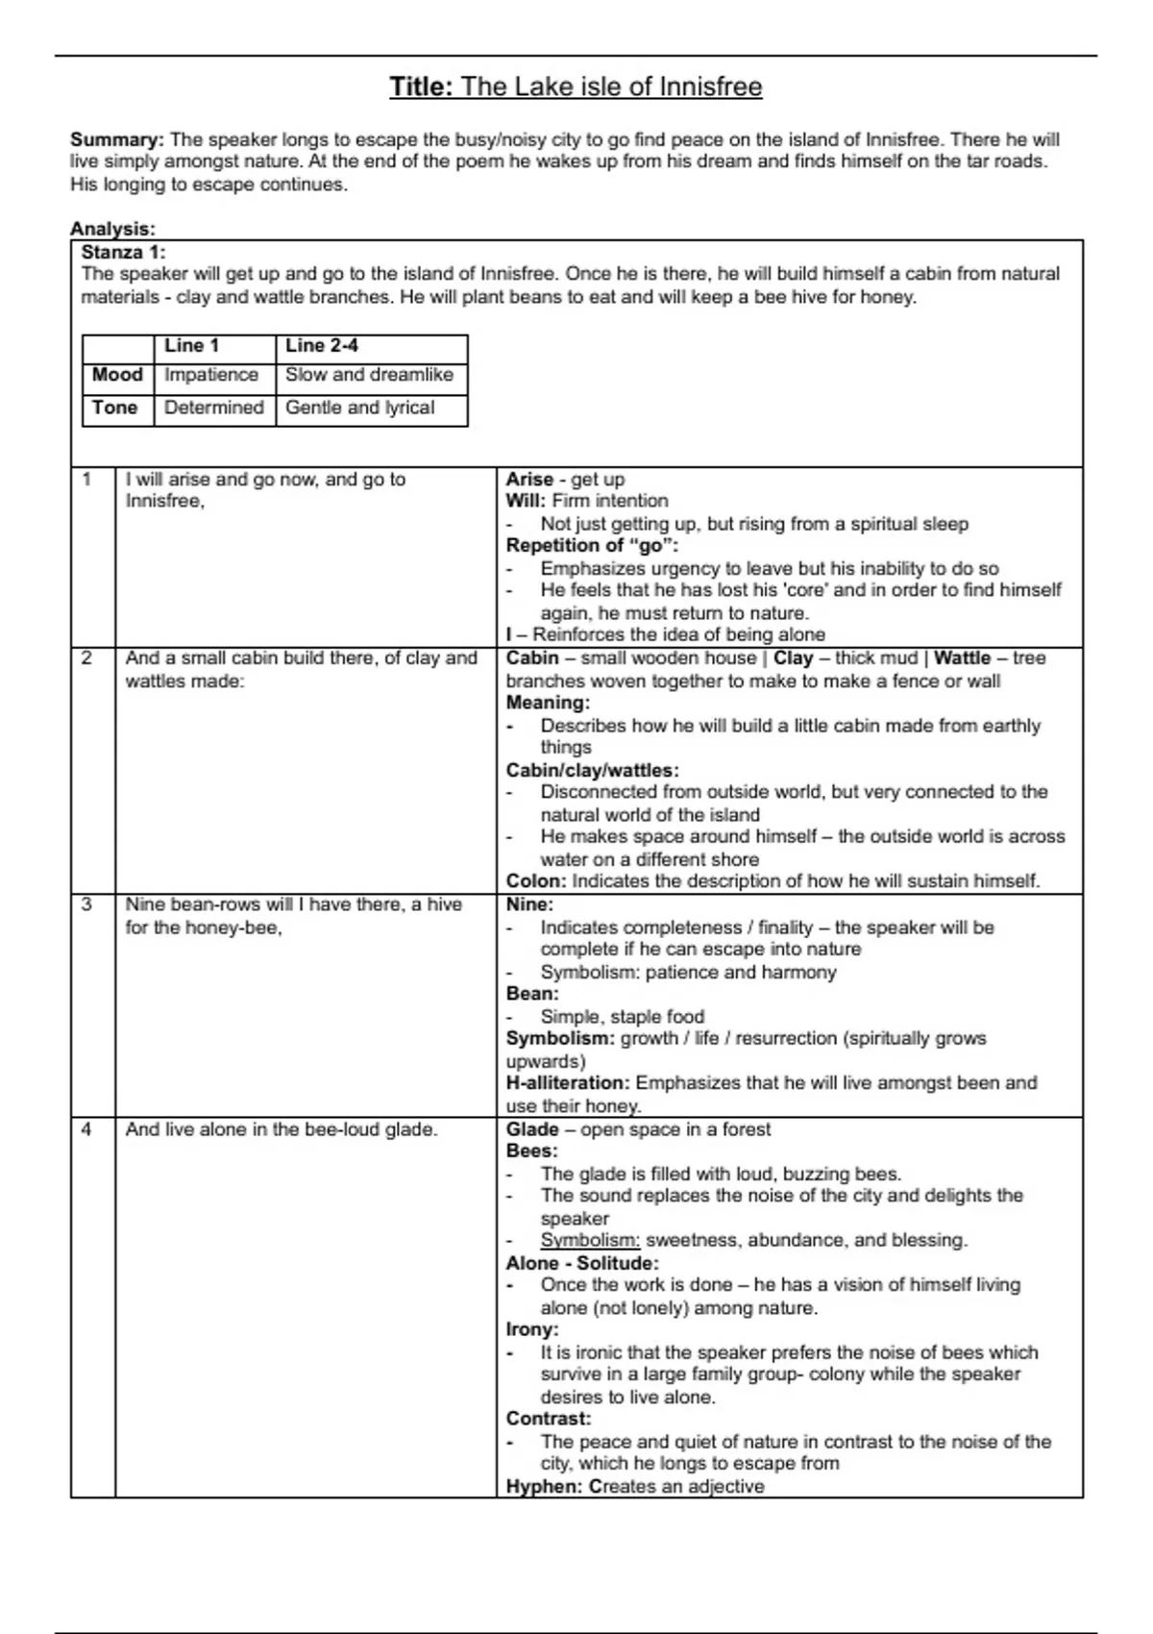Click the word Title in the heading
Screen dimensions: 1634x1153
[x=420, y=87]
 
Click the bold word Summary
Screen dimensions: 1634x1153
[x=116, y=139]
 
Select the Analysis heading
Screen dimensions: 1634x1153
[x=112, y=229]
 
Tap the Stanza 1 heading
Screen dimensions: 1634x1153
[x=123, y=252]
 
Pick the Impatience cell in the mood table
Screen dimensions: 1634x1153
[x=211, y=375]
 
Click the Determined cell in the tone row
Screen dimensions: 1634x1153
[x=213, y=408]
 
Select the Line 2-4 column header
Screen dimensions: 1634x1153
[x=322, y=345]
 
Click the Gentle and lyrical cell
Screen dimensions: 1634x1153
[x=359, y=408]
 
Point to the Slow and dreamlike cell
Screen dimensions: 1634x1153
[x=369, y=375]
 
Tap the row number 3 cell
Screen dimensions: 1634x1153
[x=86, y=904]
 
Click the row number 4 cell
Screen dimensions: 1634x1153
[x=86, y=1129]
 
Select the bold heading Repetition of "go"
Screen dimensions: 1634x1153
[x=592, y=546]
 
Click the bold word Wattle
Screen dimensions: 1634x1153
[x=962, y=658]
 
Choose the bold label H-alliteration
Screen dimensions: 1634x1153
[x=568, y=1083]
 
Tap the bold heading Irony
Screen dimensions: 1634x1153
[x=531, y=1330]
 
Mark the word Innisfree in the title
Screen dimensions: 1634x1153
[x=710, y=87]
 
